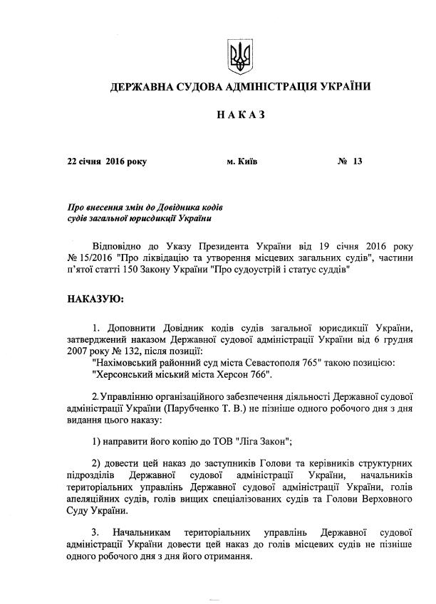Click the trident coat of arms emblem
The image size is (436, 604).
[238, 54]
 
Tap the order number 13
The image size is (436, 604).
[357, 161]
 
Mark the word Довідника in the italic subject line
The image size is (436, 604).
[178, 207]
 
